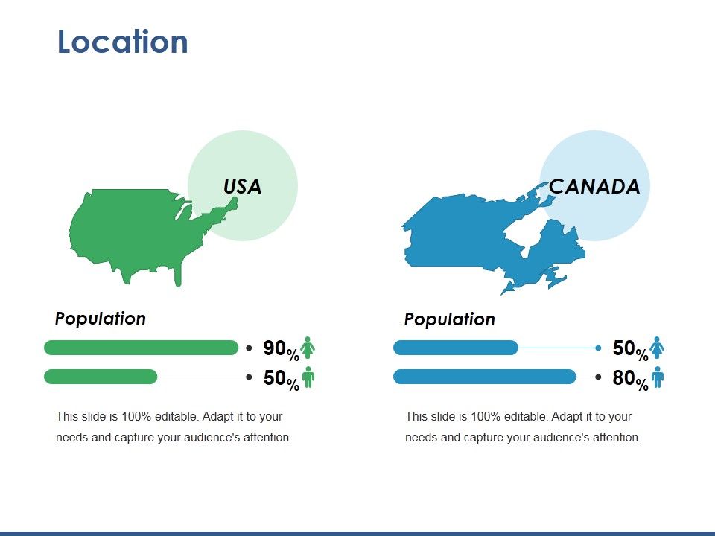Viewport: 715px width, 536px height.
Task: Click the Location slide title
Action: tap(123, 42)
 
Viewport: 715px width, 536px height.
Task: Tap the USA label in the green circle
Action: tap(243, 186)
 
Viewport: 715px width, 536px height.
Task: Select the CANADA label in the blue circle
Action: tap(594, 186)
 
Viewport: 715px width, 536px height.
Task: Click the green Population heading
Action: tap(101, 319)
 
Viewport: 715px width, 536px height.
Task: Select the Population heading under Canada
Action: tap(449, 319)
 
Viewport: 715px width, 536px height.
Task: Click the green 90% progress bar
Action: tap(142, 348)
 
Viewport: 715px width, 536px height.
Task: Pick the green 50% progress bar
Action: tap(101, 377)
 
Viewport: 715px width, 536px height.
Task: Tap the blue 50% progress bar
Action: tap(455, 348)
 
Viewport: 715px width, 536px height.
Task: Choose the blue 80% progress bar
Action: tap(484, 377)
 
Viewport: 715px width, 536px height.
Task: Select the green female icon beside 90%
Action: tap(308, 348)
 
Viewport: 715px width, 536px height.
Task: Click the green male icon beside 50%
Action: tap(308, 377)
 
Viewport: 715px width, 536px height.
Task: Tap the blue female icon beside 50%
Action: tap(657, 348)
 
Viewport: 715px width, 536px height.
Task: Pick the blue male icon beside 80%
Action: tap(657, 377)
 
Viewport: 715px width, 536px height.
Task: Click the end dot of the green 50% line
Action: tap(249, 377)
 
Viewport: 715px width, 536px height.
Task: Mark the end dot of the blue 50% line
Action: tap(598, 348)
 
